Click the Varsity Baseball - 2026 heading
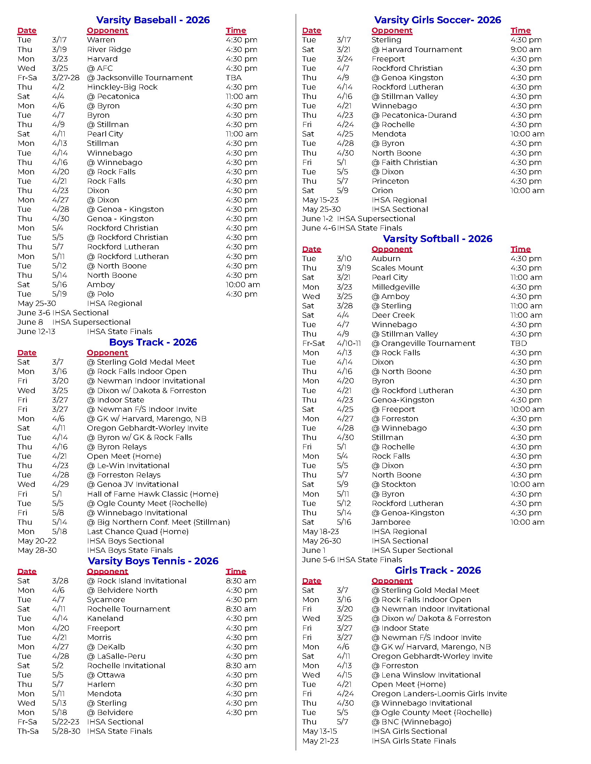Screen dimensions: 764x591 tap(153, 20)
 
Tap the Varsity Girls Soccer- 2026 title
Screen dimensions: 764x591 tap(437, 20)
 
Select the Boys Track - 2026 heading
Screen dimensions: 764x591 tap(153, 342)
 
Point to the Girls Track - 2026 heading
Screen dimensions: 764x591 tap(438, 570)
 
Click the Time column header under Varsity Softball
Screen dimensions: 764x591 tap(520, 249)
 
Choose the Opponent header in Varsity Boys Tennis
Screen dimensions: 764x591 tap(107, 571)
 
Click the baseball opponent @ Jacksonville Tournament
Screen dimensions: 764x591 tap(140, 78)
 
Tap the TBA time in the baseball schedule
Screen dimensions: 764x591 tap(234, 78)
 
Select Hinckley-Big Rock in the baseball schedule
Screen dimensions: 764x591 tap(122, 87)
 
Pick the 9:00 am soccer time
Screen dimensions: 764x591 tap(526, 50)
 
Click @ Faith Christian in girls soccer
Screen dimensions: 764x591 tap(404, 162)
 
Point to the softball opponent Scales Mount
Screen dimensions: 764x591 tap(397, 268)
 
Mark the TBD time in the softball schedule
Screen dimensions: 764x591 tap(519, 343)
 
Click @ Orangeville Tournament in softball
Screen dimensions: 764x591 tap(423, 343)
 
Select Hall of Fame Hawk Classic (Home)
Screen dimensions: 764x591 tap(153, 494)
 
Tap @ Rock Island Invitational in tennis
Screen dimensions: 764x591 tap(137, 581)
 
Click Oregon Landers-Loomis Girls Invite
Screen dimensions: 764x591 tap(439, 694)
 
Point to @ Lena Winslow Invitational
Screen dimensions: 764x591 tap(426, 675)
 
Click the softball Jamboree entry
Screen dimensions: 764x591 tap(391, 522)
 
